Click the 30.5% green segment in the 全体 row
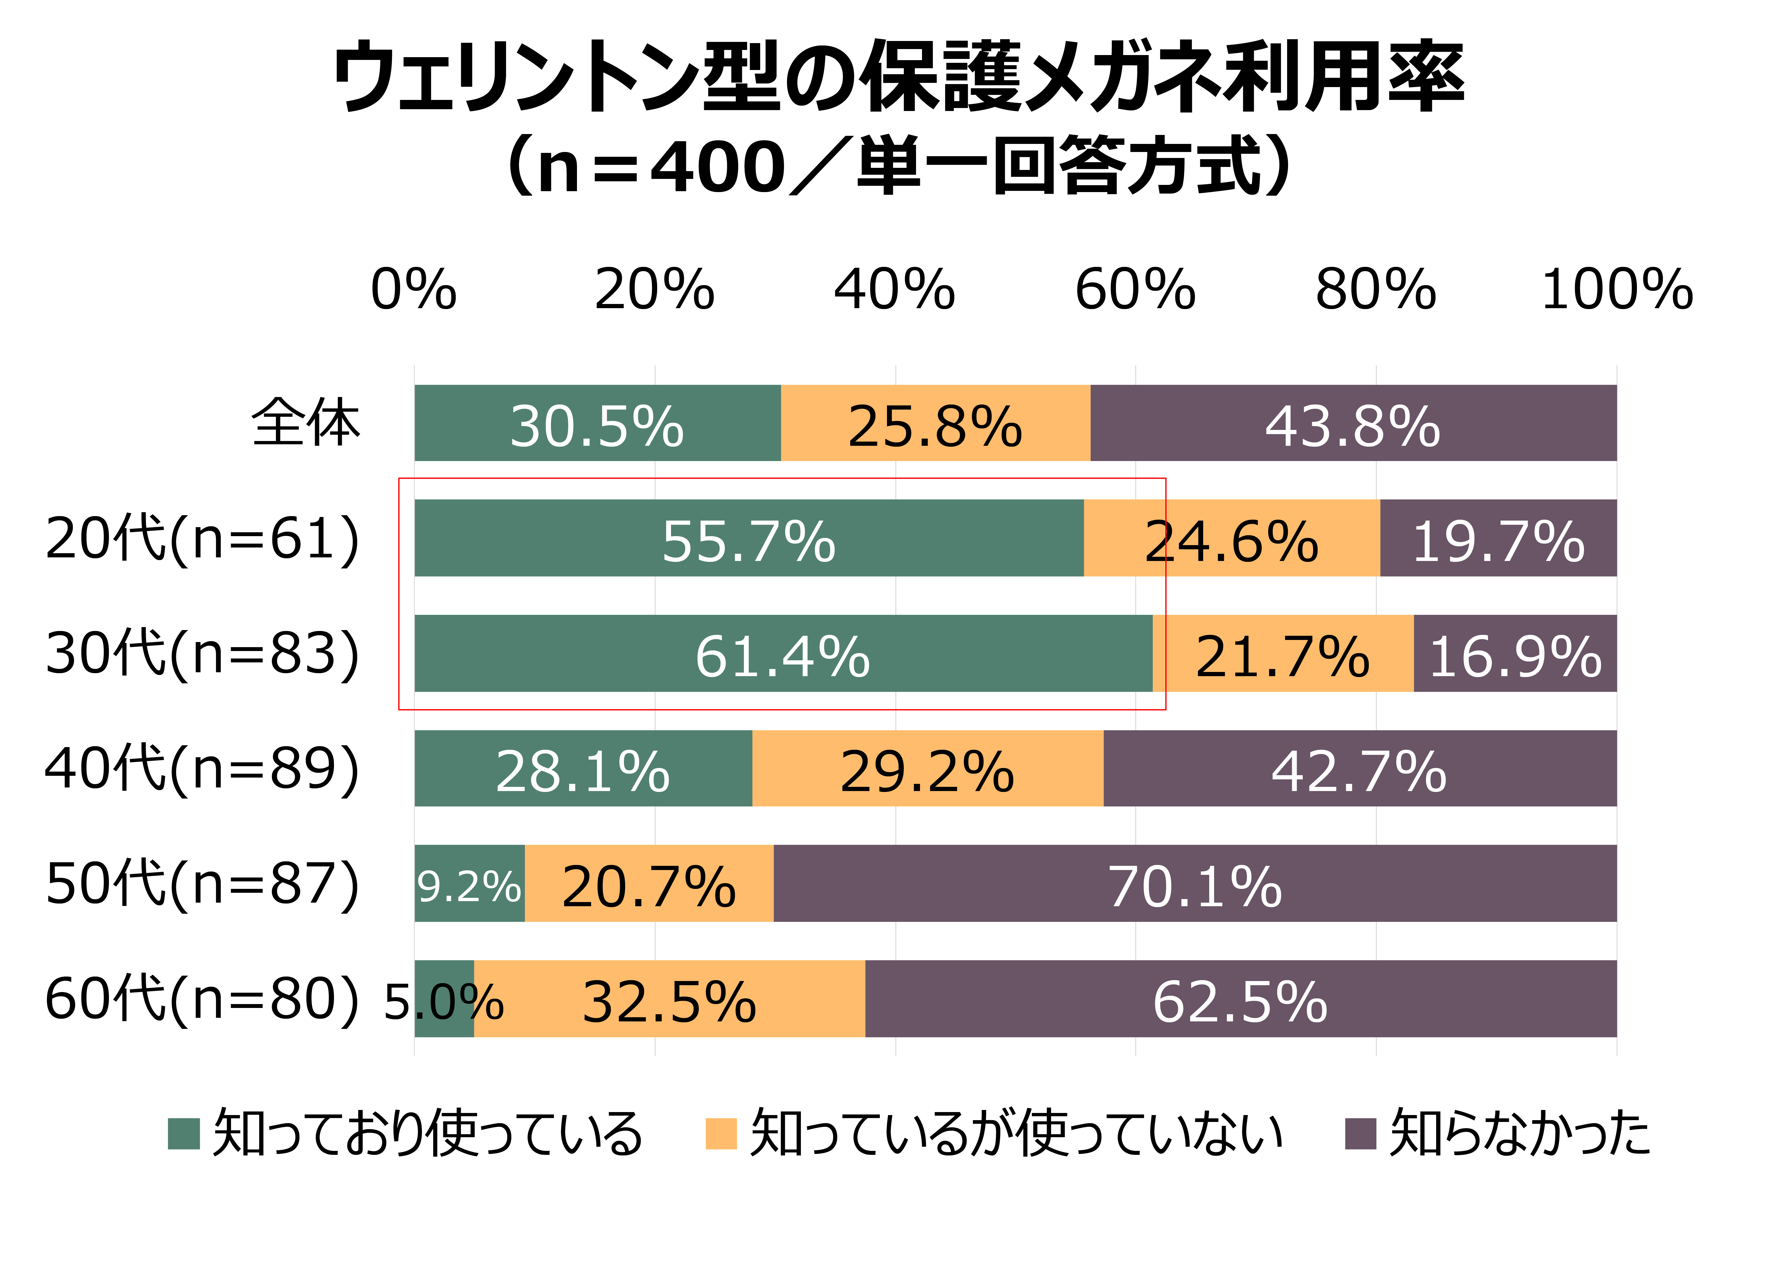coord(597,423)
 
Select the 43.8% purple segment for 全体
coord(1353,423)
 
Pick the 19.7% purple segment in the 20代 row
coord(1498,538)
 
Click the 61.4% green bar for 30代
coord(783,653)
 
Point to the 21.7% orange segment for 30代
coord(1282,653)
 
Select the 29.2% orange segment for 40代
coord(928,768)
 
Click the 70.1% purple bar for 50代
coord(1195,883)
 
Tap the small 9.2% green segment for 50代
coord(469,883)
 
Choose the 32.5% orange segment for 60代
coord(669,999)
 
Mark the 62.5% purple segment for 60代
coord(1240,999)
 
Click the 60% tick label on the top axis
coord(1134,290)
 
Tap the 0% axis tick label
coord(414,290)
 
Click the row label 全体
coord(306,423)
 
